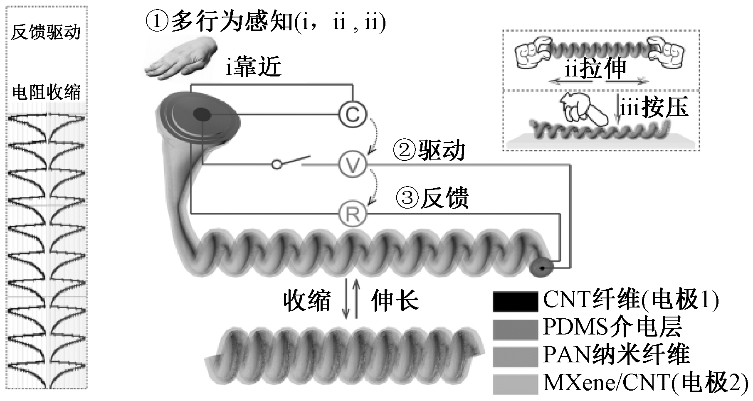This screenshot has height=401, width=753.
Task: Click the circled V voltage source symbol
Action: point(353,165)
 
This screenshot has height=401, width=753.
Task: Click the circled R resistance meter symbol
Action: point(353,214)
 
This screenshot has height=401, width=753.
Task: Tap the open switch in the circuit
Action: point(291,162)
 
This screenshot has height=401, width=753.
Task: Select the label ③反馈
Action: point(432,198)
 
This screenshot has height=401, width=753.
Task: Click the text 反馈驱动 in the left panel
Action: point(46,32)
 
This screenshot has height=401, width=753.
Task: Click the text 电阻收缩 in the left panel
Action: point(46,92)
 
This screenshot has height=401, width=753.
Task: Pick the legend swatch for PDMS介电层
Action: point(515,329)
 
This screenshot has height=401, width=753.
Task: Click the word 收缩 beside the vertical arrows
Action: point(307,300)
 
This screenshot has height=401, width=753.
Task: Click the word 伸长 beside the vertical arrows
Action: point(394,300)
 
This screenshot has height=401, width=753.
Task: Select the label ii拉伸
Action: point(595,69)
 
